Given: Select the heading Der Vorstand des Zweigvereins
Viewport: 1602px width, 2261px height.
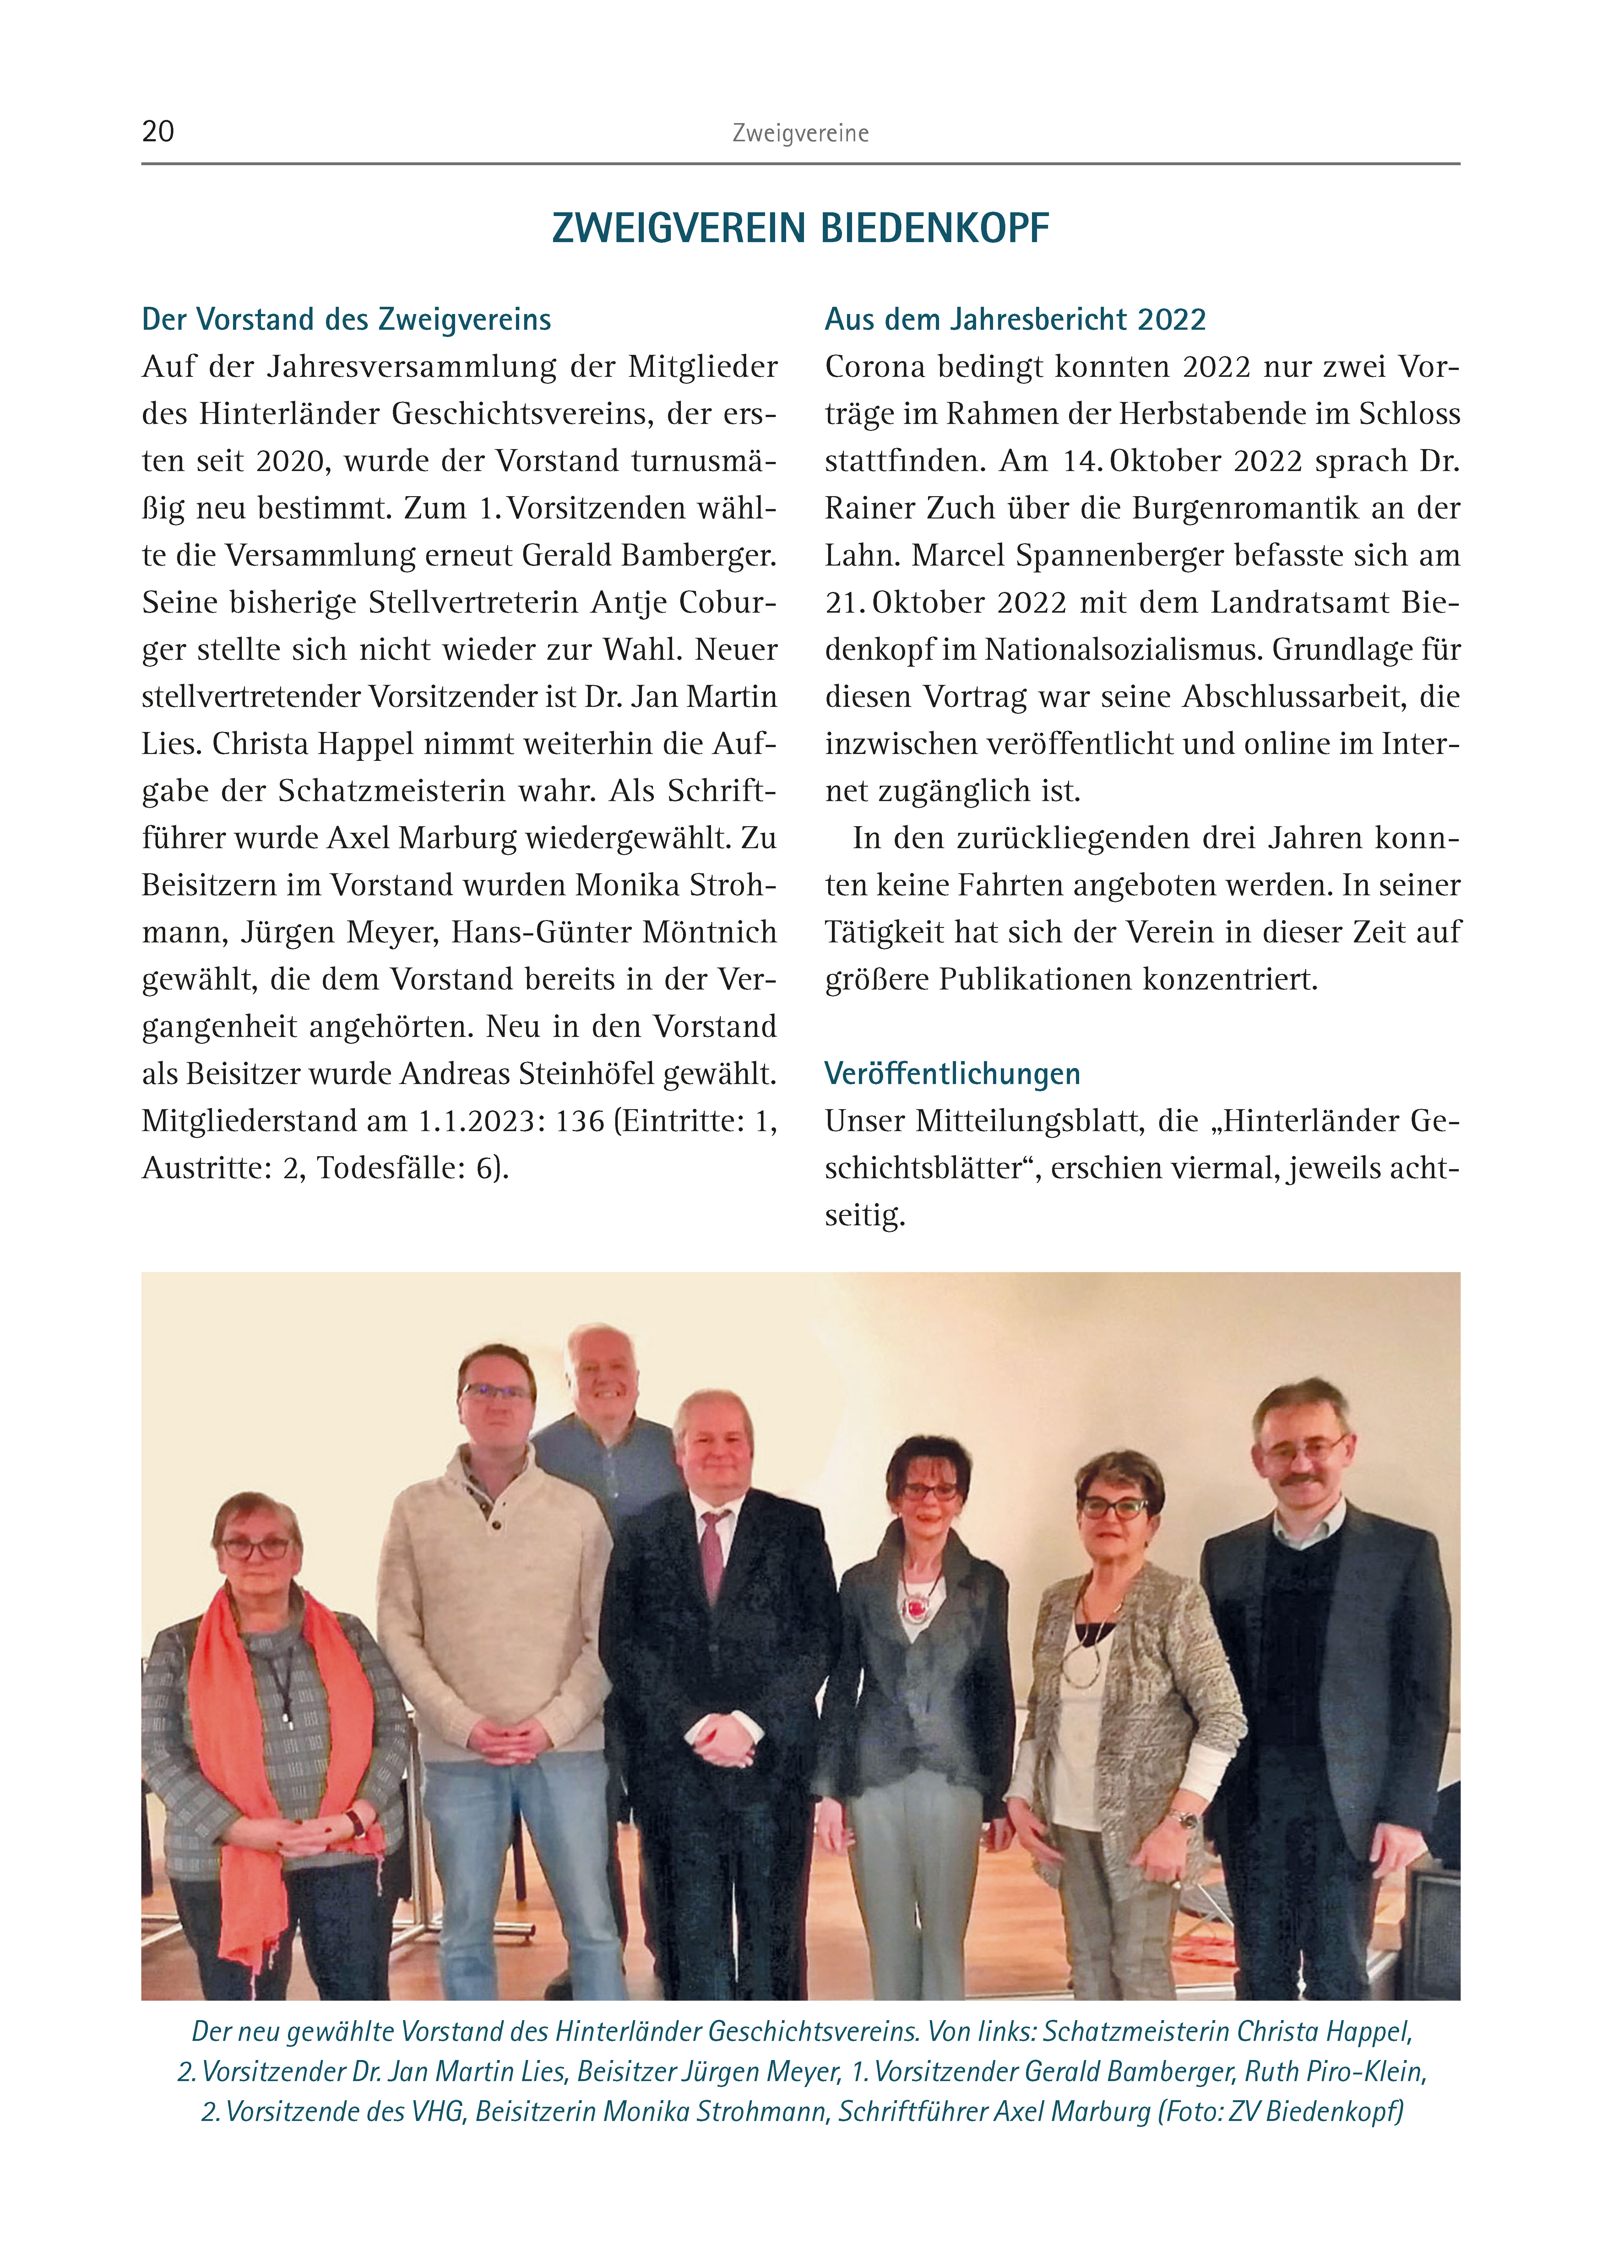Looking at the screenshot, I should point(346,320).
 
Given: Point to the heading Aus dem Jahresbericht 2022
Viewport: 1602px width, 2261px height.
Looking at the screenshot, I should point(1015,320).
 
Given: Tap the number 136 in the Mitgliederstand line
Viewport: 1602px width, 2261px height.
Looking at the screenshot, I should point(579,1122).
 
